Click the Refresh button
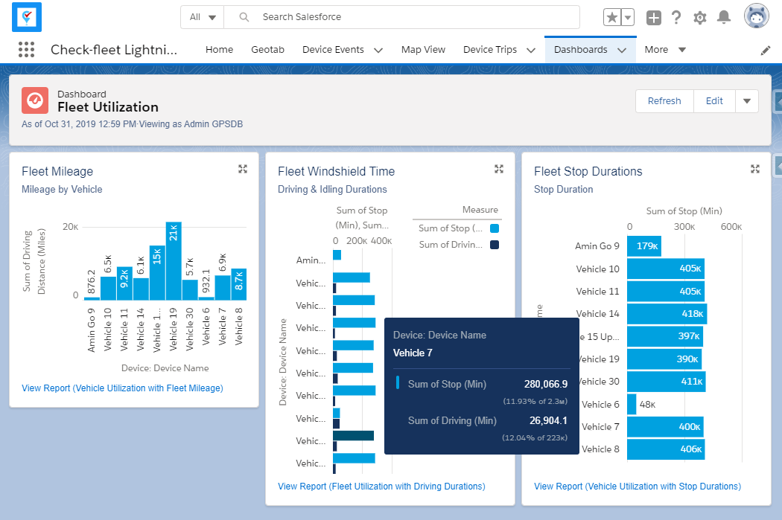click(664, 101)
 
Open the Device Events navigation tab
click(333, 50)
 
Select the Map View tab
click(423, 50)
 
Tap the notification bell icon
click(723, 18)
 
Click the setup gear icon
click(699, 18)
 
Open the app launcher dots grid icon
click(27, 50)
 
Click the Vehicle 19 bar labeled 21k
click(174, 261)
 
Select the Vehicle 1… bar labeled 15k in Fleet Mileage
click(157, 272)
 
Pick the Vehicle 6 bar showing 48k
click(632, 405)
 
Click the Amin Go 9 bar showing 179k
click(643, 246)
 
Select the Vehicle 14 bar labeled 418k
click(667, 314)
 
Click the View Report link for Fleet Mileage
click(122, 388)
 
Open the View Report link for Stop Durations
click(638, 487)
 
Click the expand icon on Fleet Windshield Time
click(499, 170)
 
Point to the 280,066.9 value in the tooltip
click(546, 384)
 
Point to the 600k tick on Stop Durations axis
click(731, 227)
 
